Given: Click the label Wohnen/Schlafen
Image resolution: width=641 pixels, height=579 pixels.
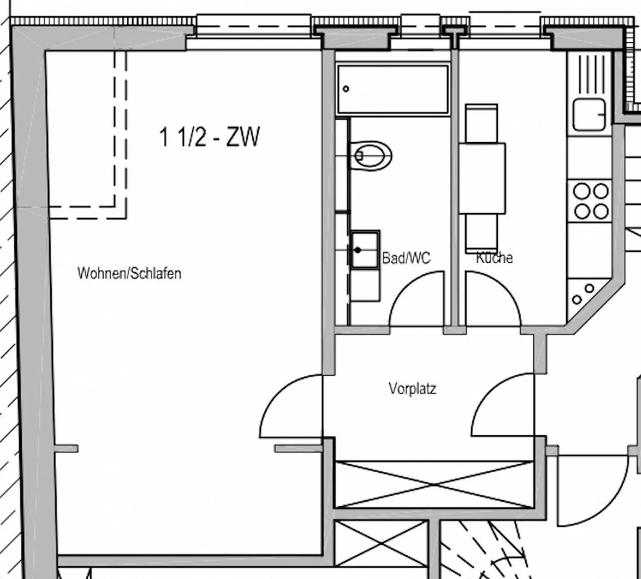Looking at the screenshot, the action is coord(130,273).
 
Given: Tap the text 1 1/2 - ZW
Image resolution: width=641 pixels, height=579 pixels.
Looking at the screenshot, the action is coord(209,137).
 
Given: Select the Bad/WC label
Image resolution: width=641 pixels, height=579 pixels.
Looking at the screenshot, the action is coord(406,258).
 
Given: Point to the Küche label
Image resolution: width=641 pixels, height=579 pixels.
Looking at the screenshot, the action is coord(495,257).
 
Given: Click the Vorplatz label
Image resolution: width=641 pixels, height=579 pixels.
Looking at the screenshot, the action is coord(412,389).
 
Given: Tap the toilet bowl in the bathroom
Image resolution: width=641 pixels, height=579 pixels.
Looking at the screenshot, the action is coord(371,156).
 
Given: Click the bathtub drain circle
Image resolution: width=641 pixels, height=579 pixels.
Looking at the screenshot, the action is coord(346,89).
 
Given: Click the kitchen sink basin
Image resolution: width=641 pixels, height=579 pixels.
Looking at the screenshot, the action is coord(589,114).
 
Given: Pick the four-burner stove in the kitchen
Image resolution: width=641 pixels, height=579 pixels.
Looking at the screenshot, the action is coord(591,201).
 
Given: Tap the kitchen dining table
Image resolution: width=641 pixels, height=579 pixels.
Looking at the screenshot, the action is coord(482,178).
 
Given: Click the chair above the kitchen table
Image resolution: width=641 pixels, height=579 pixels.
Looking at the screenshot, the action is coord(482,123).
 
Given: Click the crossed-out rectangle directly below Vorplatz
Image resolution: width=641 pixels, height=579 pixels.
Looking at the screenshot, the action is coord(434,485).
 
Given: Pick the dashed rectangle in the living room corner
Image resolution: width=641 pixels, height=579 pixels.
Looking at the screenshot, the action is coord(120,134).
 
